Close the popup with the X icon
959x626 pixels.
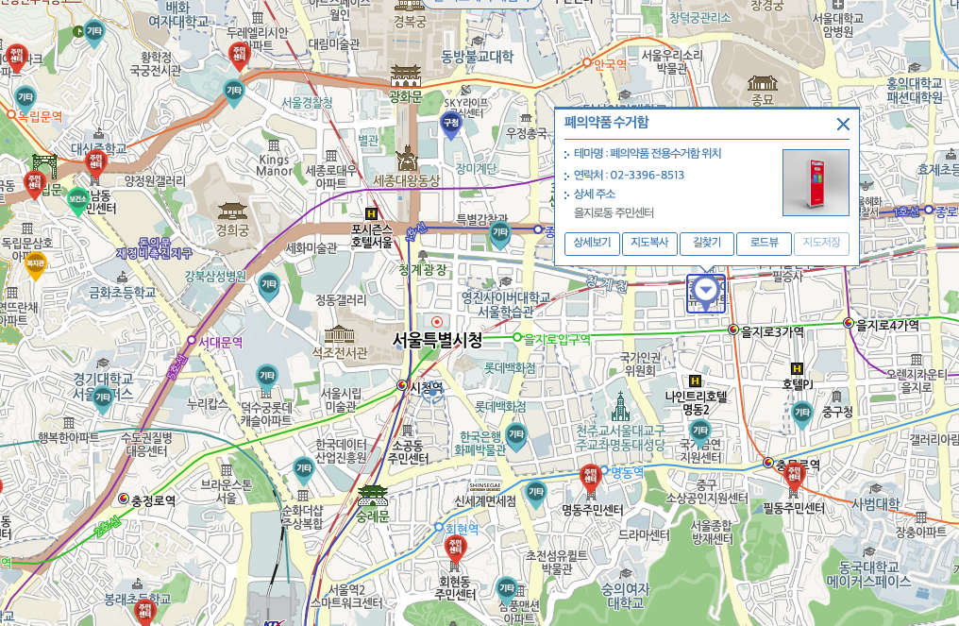843,124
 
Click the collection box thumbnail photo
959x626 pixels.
816,182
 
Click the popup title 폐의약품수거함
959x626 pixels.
606,122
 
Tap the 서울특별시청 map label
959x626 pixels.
437,340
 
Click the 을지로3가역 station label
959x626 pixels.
771,330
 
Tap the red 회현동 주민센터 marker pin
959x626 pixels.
455,550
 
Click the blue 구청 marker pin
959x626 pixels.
451,124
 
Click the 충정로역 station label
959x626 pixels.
153,500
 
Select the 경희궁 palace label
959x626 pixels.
231,228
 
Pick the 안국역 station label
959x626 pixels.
609,64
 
